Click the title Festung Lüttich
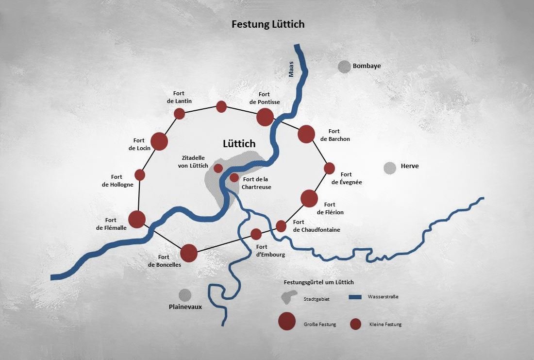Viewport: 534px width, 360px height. coord(268,24)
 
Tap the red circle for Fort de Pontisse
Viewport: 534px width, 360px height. coord(265,117)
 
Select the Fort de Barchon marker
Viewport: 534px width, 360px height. coord(306,134)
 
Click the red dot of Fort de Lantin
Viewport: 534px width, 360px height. coord(180,114)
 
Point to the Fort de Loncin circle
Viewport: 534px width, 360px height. coord(159,141)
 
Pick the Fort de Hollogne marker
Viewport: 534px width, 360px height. coord(140,175)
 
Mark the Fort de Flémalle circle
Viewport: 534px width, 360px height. coord(137,219)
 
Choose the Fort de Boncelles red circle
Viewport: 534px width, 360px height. coord(189,253)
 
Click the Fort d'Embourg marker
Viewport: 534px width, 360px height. coord(256,234)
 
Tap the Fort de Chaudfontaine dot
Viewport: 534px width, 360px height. coord(281,225)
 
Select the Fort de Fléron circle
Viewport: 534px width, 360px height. coord(309,198)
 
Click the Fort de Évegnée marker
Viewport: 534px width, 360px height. coord(329,168)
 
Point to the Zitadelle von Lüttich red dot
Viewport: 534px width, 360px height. coord(218,168)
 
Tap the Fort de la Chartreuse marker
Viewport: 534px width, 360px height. coord(234,177)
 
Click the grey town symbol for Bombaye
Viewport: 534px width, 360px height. coord(344,66)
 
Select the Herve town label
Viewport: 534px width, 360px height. coord(410,166)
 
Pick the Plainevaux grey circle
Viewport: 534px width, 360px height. coord(184,294)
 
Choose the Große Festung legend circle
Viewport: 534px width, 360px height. coord(287,321)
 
